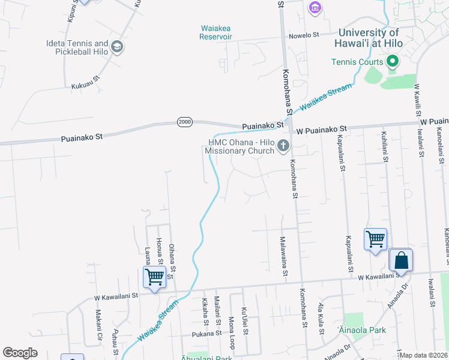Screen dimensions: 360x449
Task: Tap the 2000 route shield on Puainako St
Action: click(x=185, y=122)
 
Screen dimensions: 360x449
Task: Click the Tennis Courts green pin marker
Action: click(x=393, y=61)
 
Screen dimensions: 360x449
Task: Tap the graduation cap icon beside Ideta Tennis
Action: click(x=117, y=47)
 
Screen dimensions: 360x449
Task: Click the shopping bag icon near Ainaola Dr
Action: click(x=401, y=261)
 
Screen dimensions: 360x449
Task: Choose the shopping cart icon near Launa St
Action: click(x=154, y=277)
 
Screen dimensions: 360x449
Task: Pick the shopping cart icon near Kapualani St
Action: click(x=375, y=239)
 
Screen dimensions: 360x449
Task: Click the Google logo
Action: click(x=20, y=353)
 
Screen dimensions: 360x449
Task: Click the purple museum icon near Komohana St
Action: click(x=315, y=7)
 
